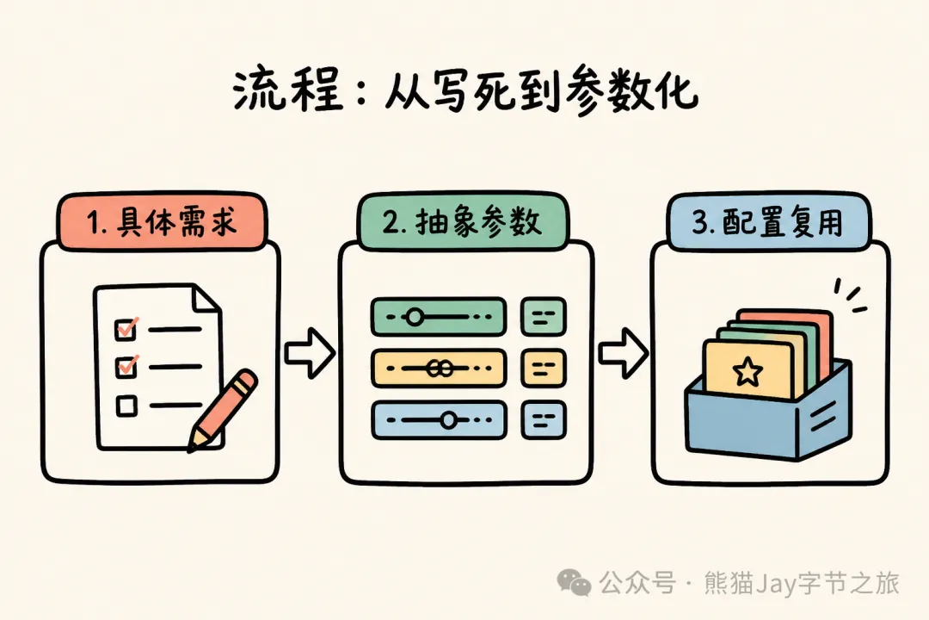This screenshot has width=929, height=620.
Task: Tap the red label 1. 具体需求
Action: [x=161, y=221]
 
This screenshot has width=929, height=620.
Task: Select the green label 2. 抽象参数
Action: [x=462, y=221]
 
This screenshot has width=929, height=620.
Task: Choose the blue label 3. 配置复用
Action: [x=768, y=221]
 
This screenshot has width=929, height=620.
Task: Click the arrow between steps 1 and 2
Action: [x=310, y=353]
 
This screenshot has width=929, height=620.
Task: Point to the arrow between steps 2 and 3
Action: [x=624, y=353]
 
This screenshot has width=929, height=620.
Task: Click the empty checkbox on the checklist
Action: [x=126, y=406]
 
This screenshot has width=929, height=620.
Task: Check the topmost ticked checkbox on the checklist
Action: [x=126, y=328]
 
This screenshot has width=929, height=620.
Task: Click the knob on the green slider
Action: [x=415, y=317]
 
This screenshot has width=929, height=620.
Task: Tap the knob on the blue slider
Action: [x=448, y=420]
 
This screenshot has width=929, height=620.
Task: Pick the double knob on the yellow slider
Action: [x=440, y=369]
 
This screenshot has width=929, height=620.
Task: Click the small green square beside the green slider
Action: [x=544, y=317]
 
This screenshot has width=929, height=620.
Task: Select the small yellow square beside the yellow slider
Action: [x=544, y=369]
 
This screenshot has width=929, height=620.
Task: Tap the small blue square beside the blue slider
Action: [x=544, y=420]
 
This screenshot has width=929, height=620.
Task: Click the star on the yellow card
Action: [x=748, y=371]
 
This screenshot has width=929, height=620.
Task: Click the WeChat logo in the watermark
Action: [x=574, y=583]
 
